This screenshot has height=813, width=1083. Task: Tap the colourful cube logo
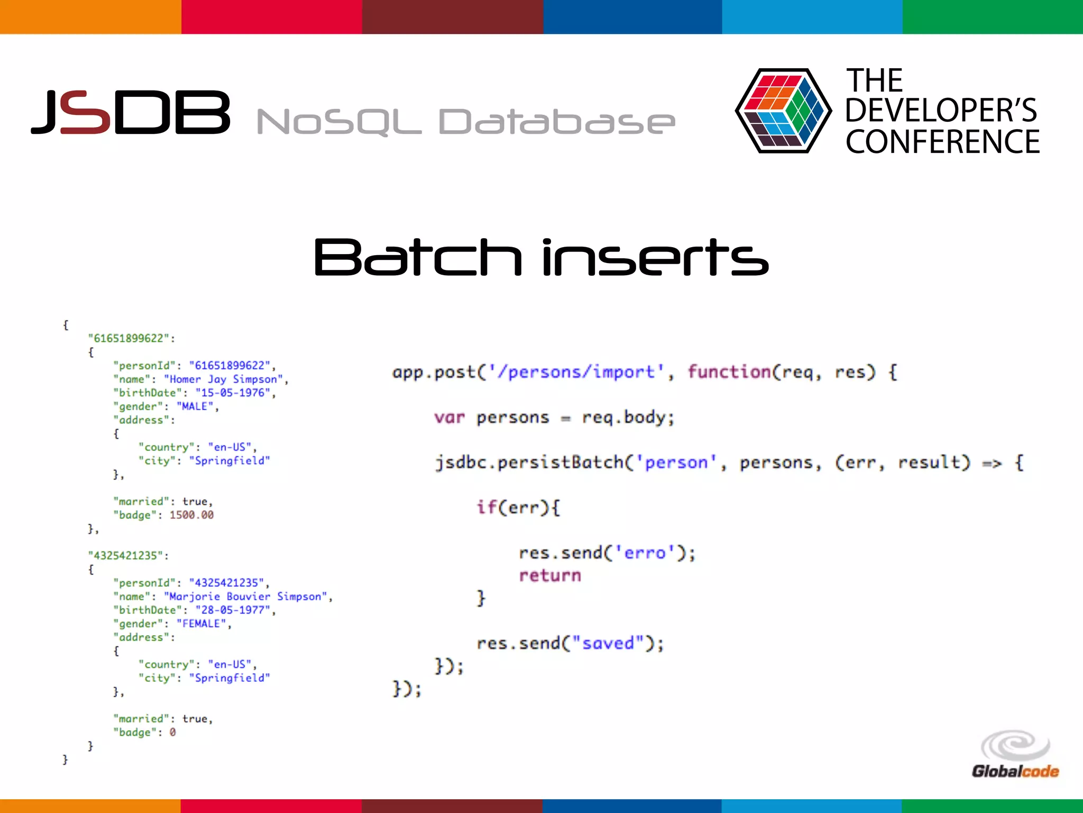(x=782, y=111)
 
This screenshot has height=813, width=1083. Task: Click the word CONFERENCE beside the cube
(x=942, y=142)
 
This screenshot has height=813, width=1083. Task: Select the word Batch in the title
(x=417, y=258)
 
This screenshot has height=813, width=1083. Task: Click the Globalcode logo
(x=1015, y=756)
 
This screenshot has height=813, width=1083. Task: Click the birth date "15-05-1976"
(x=233, y=393)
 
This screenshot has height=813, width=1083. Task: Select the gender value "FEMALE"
(x=201, y=624)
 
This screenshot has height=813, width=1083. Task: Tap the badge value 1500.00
(x=191, y=515)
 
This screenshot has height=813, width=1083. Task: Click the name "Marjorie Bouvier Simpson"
(x=245, y=597)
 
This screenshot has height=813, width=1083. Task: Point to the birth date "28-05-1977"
(x=233, y=610)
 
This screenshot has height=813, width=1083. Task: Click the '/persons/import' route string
(x=576, y=372)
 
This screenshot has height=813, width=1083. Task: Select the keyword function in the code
(x=729, y=372)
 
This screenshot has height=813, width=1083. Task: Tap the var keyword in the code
(x=449, y=418)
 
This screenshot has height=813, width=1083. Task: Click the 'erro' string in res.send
(x=645, y=553)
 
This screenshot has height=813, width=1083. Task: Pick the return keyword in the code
(x=550, y=575)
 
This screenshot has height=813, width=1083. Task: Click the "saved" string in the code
(x=608, y=643)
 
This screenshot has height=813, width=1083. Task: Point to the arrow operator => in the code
(x=992, y=463)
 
